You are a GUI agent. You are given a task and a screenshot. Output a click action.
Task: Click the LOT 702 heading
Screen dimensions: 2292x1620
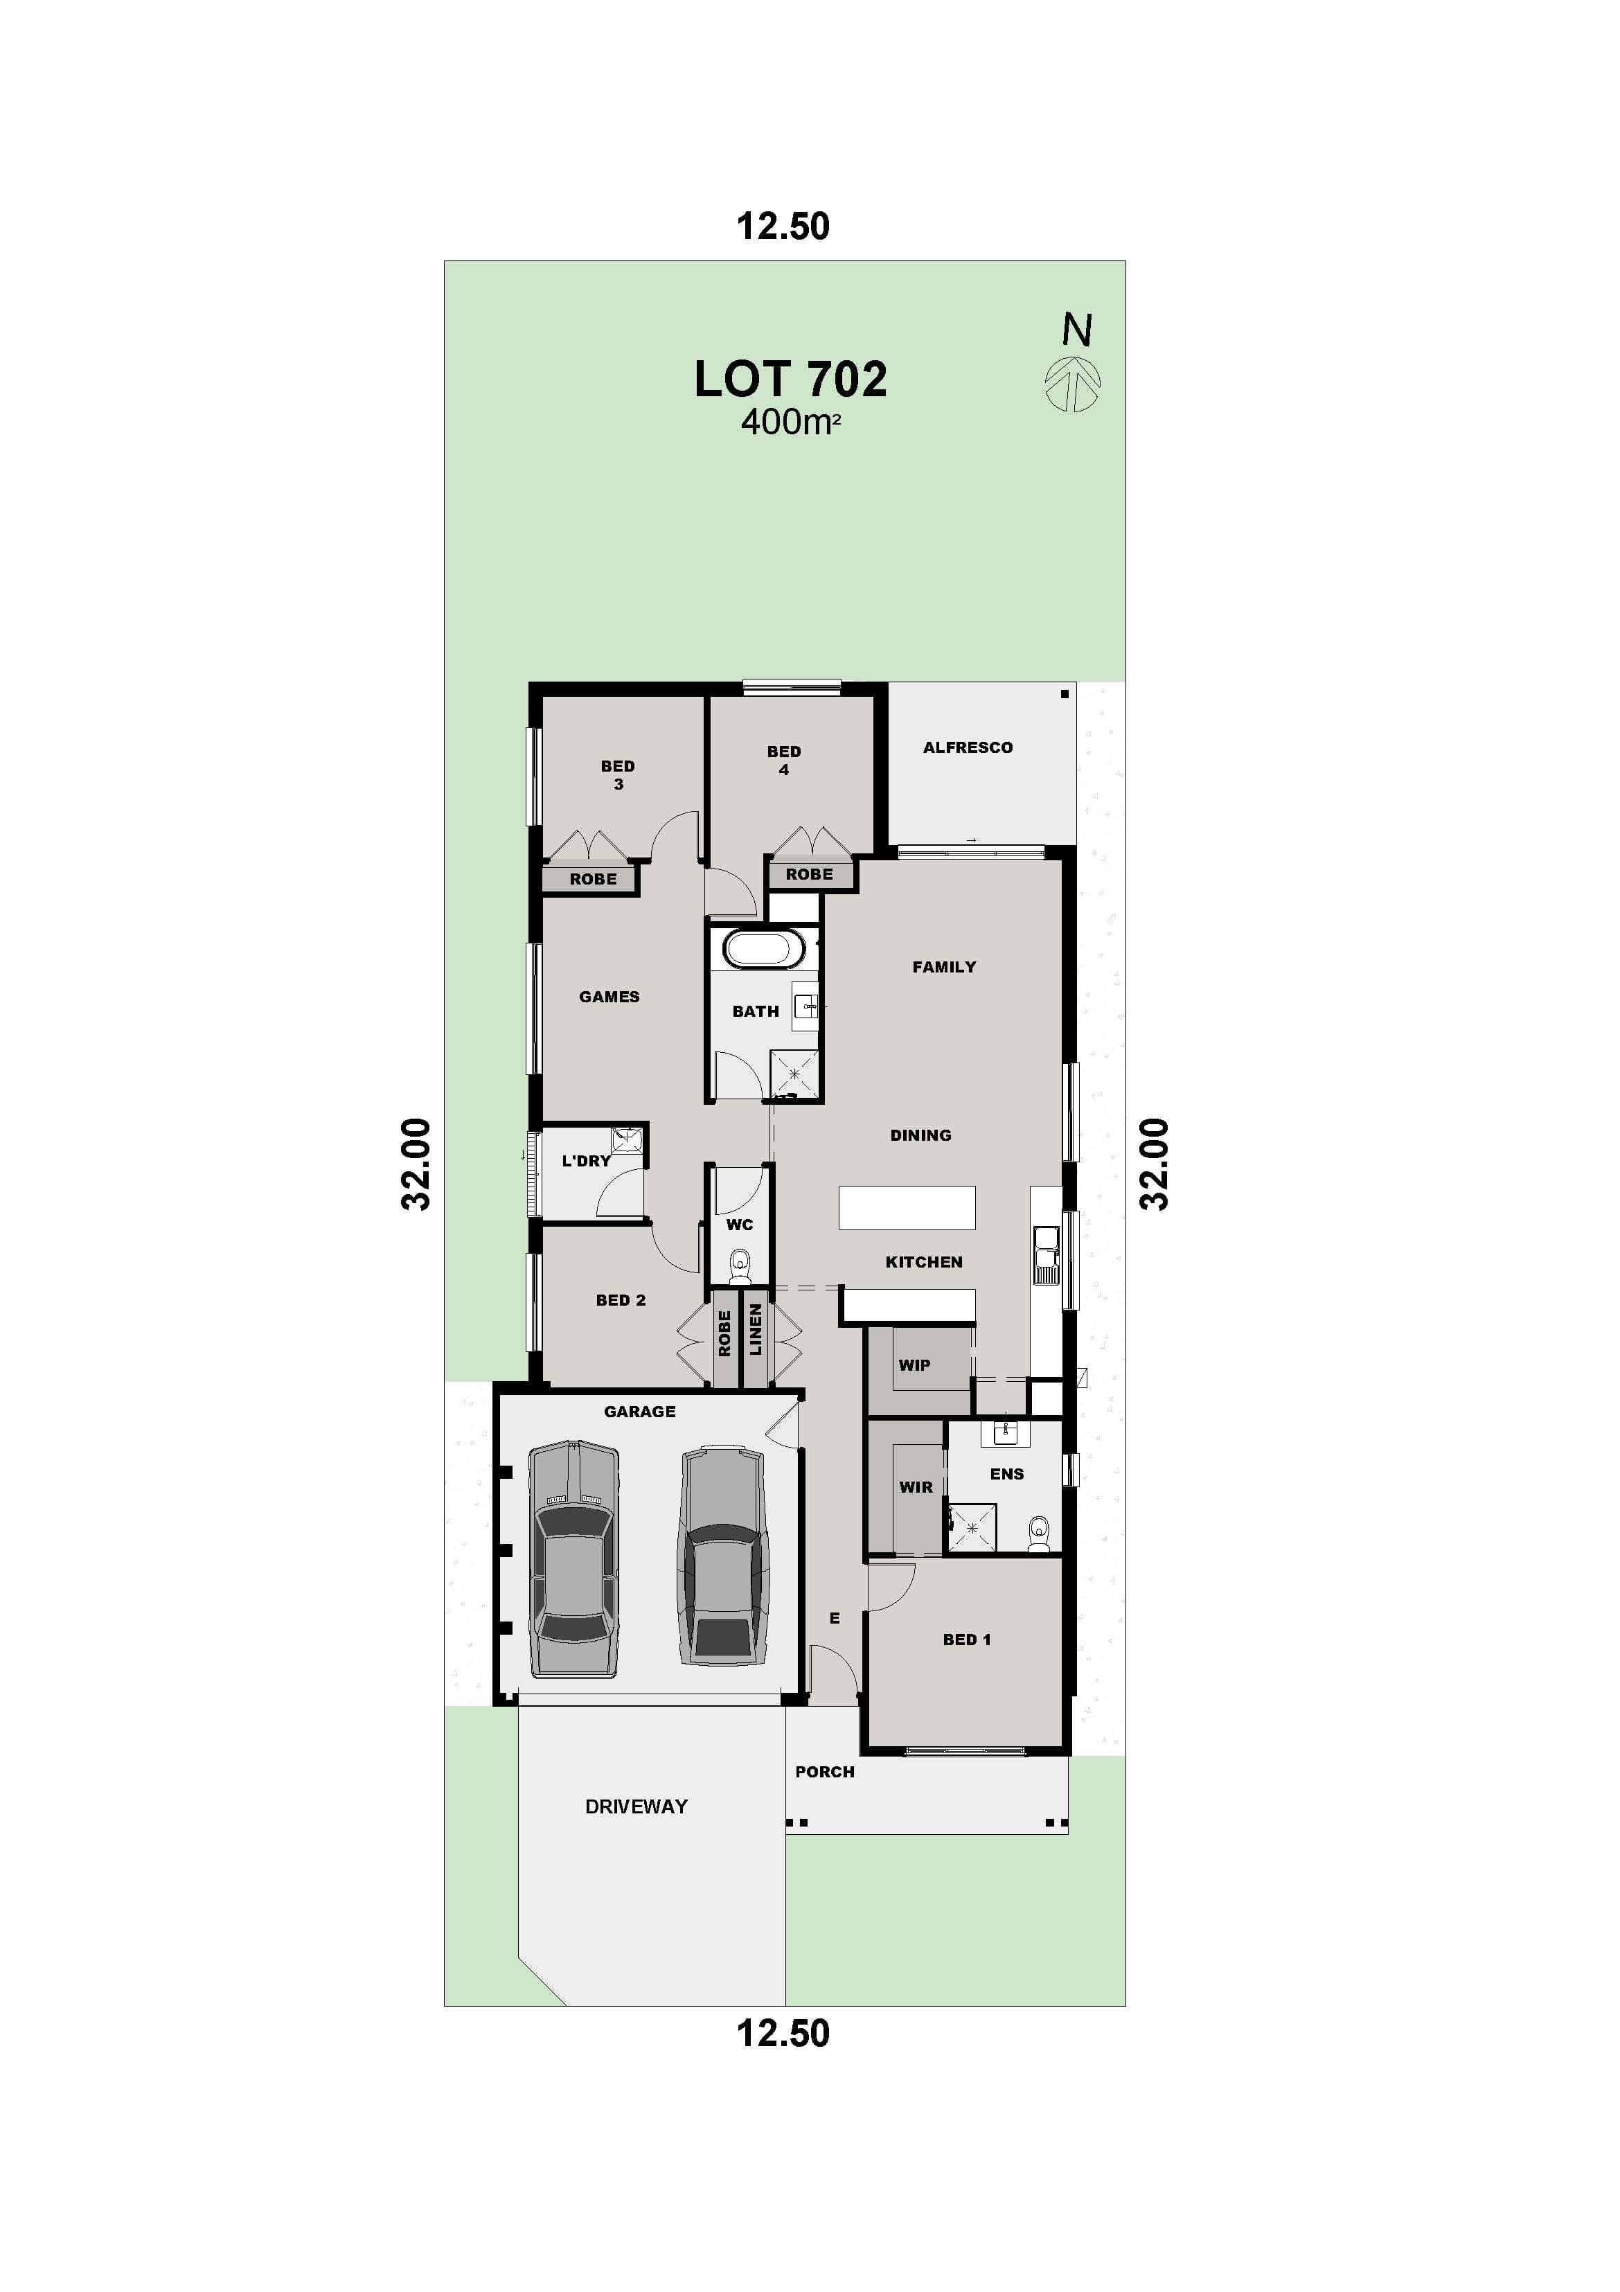pyautogui.click(x=790, y=380)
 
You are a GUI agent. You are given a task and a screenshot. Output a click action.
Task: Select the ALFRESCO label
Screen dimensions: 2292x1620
pyautogui.click(x=967, y=747)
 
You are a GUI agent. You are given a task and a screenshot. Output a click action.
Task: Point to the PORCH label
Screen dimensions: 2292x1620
pyautogui.click(x=824, y=1772)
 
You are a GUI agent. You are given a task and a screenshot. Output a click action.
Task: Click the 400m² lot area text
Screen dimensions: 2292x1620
pyautogui.click(x=790, y=423)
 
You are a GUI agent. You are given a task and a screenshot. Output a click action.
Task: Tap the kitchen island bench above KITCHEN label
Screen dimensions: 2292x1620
pyautogui.click(x=907, y=1207)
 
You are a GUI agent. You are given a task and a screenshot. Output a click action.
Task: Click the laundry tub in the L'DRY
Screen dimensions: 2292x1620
pyautogui.click(x=626, y=1138)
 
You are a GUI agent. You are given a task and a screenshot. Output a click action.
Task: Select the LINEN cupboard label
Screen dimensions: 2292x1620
pyautogui.click(x=756, y=1331)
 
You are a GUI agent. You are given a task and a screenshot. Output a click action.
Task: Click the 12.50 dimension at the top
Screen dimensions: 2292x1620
pyautogui.click(x=783, y=226)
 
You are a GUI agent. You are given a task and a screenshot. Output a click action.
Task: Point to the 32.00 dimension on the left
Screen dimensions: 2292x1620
pyautogui.click(x=416, y=1164)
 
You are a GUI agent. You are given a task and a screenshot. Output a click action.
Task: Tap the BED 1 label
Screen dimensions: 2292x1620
pyautogui.click(x=966, y=1640)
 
